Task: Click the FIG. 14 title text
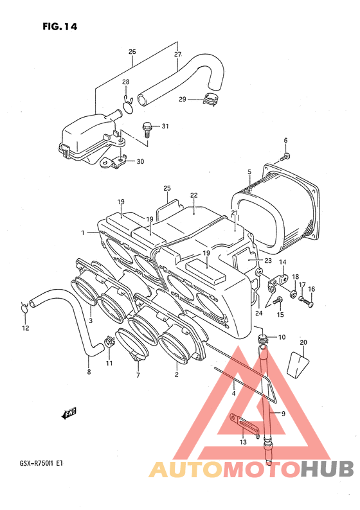pos(60,26)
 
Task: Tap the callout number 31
pos(165,126)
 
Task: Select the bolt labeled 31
pos(147,130)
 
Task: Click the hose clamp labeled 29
pos(212,99)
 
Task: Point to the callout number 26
pos(132,51)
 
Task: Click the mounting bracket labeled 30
pos(113,163)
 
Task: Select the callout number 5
pos(249,171)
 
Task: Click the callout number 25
pos(167,188)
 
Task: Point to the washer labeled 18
pos(293,295)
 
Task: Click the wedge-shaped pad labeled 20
pos(298,365)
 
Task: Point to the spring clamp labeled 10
pos(263,339)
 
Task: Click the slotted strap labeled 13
pos(244,424)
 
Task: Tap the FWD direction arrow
pos(69,414)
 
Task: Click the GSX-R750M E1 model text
pos(39,463)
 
